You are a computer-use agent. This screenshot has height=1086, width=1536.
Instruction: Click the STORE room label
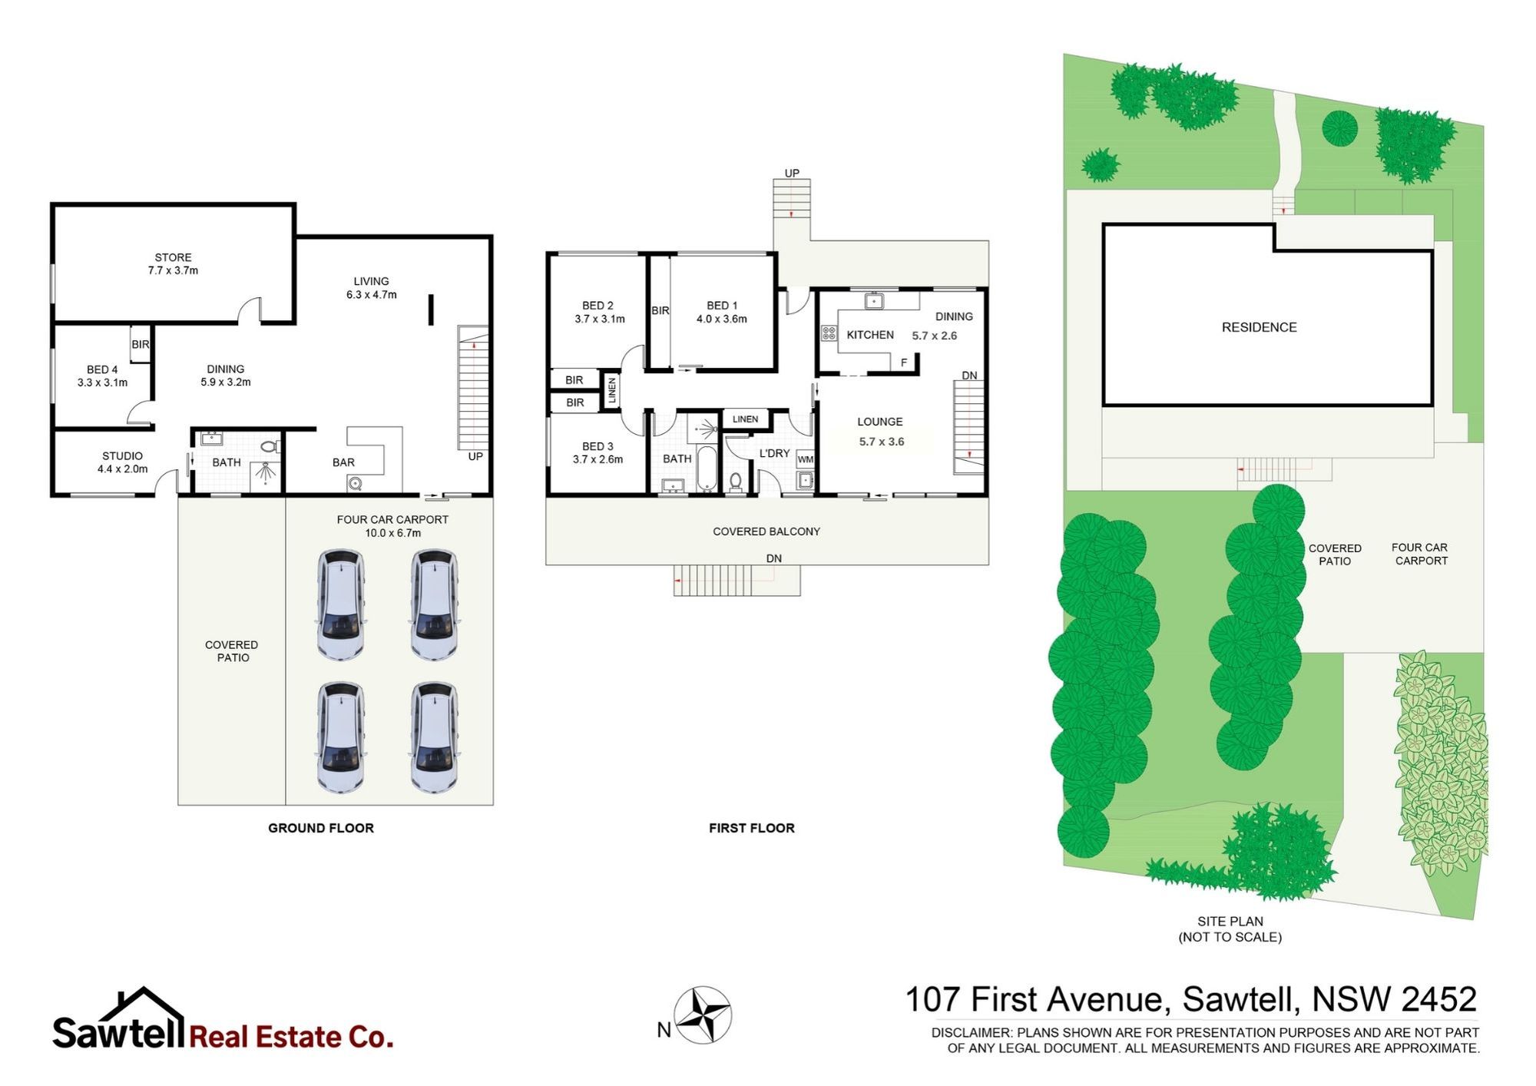(x=173, y=257)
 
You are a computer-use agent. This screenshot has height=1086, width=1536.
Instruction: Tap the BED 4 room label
(x=102, y=369)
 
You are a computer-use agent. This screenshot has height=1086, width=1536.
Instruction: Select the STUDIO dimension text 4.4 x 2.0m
(x=123, y=469)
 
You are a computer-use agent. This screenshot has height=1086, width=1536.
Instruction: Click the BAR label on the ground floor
(x=343, y=462)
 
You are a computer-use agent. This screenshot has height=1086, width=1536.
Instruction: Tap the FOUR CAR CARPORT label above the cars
(x=392, y=520)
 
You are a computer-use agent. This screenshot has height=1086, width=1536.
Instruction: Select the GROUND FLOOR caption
(x=321, y=828)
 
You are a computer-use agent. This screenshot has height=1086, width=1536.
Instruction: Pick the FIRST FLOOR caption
(x=752, y=828)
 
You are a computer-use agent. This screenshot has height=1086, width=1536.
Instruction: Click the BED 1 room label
(x=722, y=306)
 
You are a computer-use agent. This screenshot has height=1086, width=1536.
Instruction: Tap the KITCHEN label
(x=870, y=335)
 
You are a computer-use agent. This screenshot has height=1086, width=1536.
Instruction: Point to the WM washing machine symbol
(x=806, y=459)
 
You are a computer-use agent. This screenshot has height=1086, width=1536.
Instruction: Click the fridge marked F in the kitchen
(x=904, y=363)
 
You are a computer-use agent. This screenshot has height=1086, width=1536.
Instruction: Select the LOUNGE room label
(x=880, y=422)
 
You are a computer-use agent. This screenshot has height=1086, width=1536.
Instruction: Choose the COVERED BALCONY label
(x=766, y=531)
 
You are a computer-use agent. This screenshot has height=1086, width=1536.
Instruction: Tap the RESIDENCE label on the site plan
(x=1260, y=327)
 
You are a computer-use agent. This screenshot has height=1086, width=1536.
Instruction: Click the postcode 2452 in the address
(x=1438, y=999)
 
